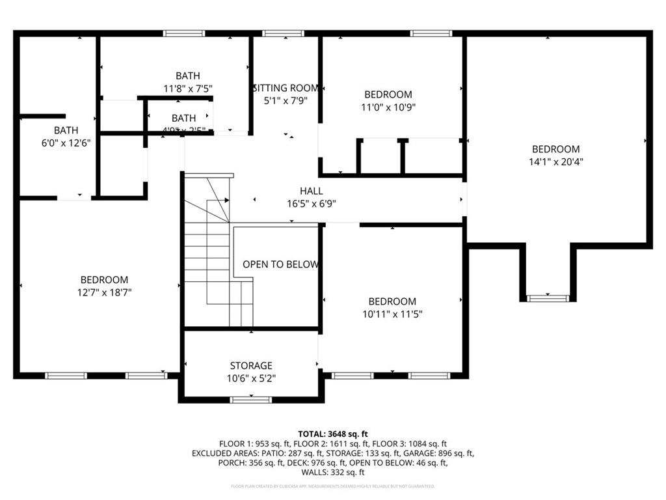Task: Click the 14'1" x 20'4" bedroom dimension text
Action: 555,162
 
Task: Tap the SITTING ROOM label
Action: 286,88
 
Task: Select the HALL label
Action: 311,191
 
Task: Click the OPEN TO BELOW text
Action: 280,264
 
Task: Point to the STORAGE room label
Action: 251,366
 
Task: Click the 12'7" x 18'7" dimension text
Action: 104,293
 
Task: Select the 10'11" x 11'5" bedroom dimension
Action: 392,314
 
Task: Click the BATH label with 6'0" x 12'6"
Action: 66,130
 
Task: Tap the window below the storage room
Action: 251,399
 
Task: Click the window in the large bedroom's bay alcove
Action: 548,298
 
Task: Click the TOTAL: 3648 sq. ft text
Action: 333,434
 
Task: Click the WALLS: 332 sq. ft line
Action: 333,473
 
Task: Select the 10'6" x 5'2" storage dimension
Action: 251,378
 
